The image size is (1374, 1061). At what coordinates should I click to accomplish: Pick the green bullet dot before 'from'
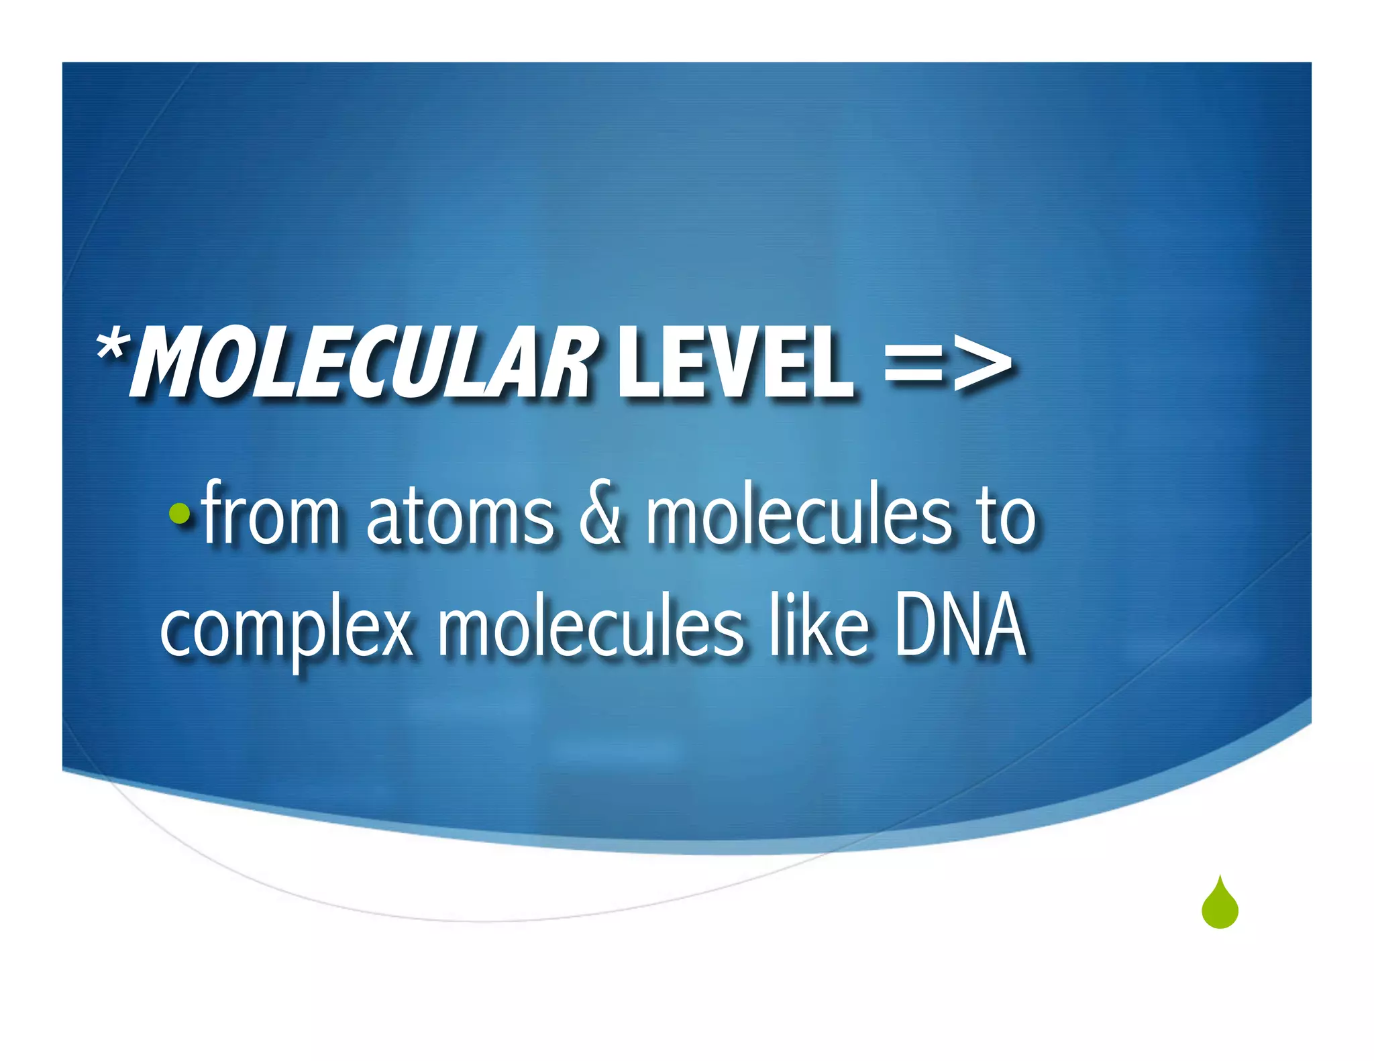coord(179,514)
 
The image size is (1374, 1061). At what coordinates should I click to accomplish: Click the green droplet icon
coord(1220,904)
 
